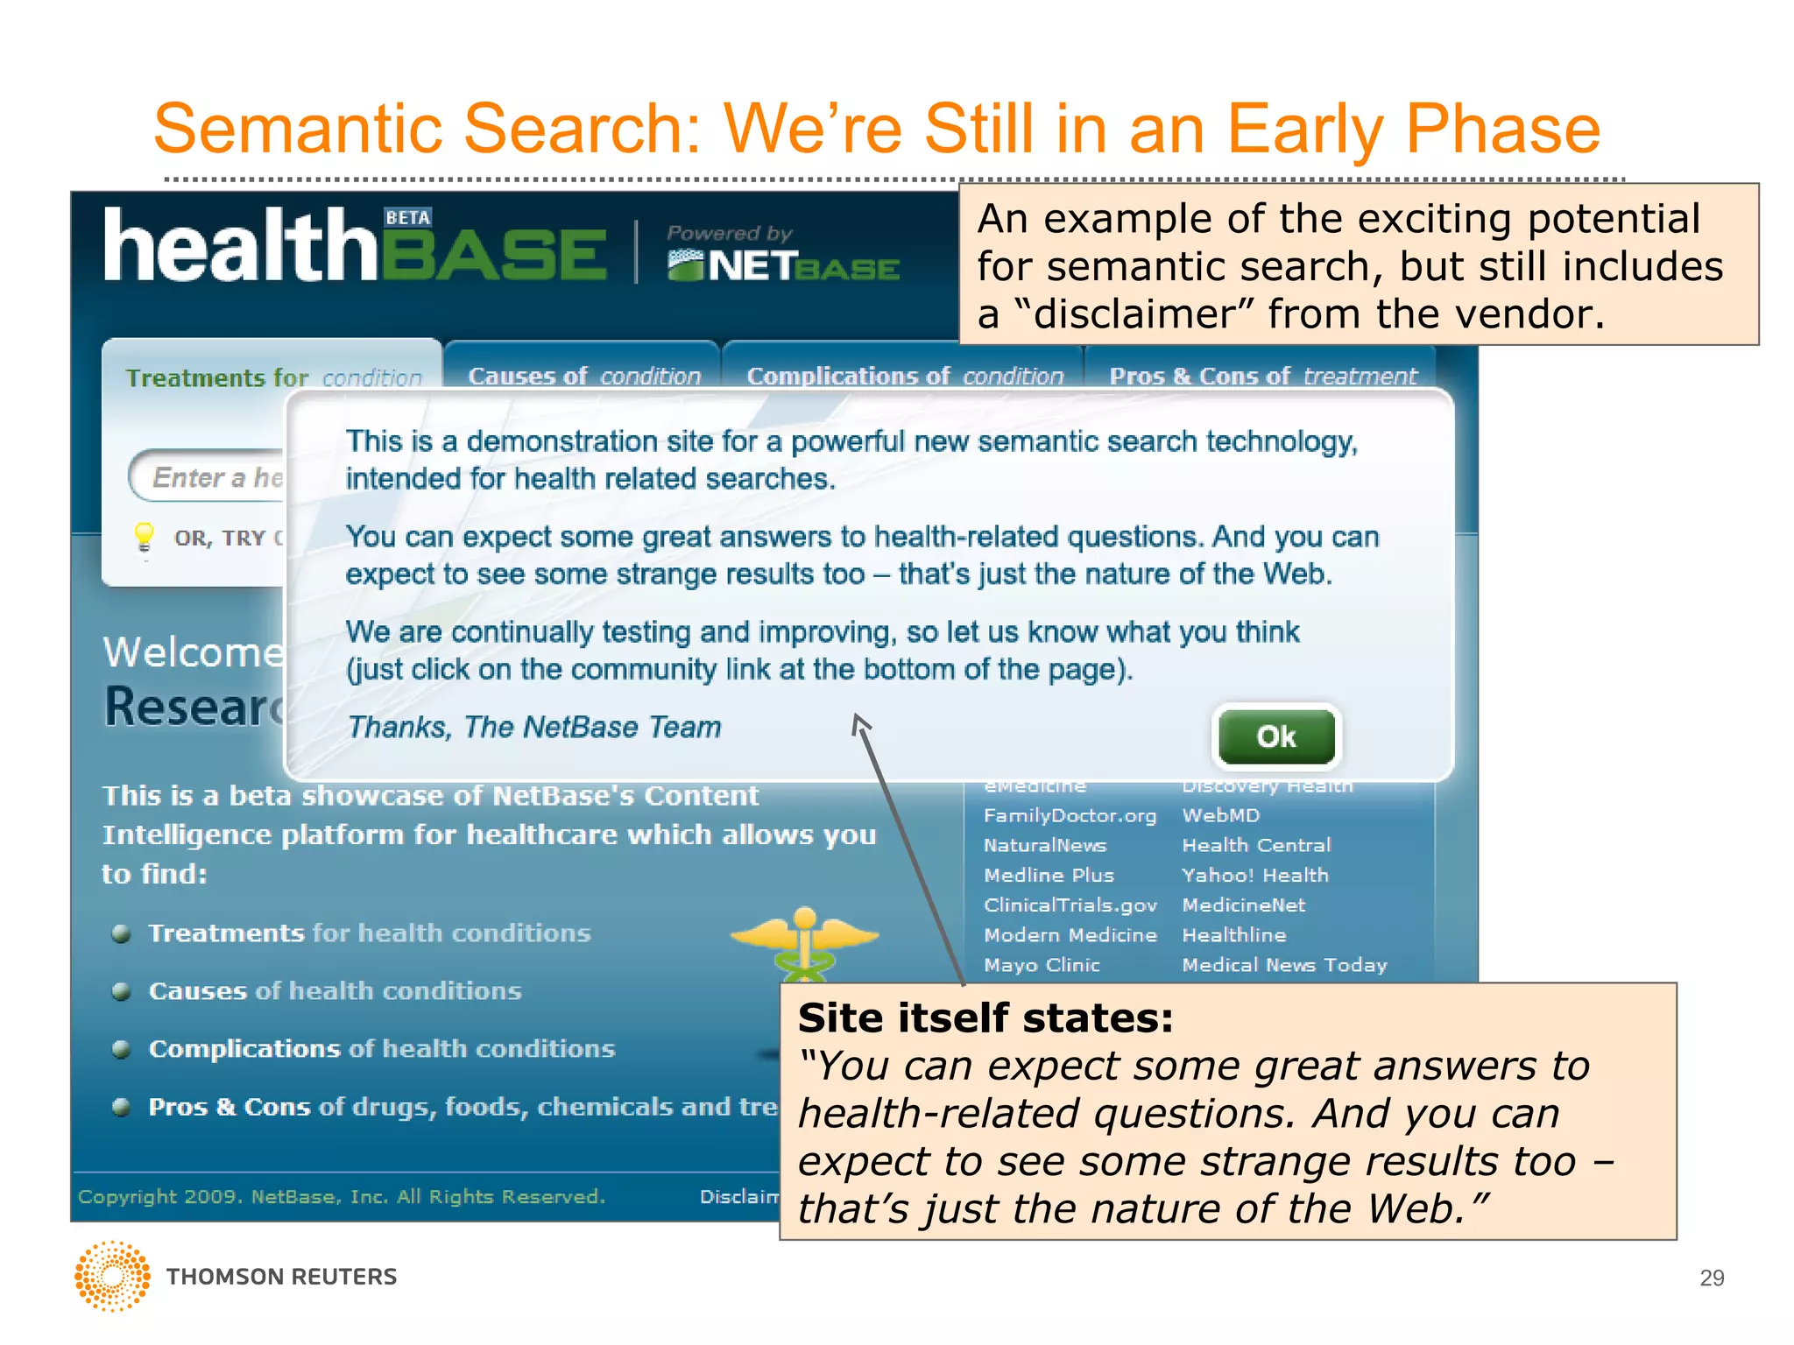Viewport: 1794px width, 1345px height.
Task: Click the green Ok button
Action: coord(1276,736)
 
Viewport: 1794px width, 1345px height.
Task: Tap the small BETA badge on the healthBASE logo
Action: coord(408,217)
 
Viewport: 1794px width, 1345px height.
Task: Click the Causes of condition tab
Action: coord(583,376)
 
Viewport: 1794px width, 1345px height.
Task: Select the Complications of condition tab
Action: coord(904,376)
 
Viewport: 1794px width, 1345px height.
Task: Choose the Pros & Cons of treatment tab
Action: coord(1262,376)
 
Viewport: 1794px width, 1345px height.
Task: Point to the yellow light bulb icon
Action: coord(144,536)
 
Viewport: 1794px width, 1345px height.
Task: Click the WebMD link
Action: coord(1220,815)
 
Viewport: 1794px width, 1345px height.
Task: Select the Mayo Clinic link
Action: coord(1041,965)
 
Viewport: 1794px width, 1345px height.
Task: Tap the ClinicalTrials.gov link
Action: coord(1070,905)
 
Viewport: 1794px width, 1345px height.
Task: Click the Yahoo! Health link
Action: coord(1254,875)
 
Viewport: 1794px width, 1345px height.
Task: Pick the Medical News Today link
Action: coord(1284,965)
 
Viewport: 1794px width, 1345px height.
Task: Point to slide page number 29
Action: coord(1711,1278)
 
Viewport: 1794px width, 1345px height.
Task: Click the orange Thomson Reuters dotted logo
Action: coord(112,1276)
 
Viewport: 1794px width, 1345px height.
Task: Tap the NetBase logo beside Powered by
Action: coord(782,265)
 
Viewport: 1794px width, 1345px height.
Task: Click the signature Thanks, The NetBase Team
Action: coord(534,727)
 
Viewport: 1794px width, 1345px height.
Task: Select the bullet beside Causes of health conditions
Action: coord(122,991)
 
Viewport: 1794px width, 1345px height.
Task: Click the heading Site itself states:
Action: coord(985,1018)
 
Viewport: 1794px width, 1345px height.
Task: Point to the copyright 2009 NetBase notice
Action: coord(342,1196)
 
